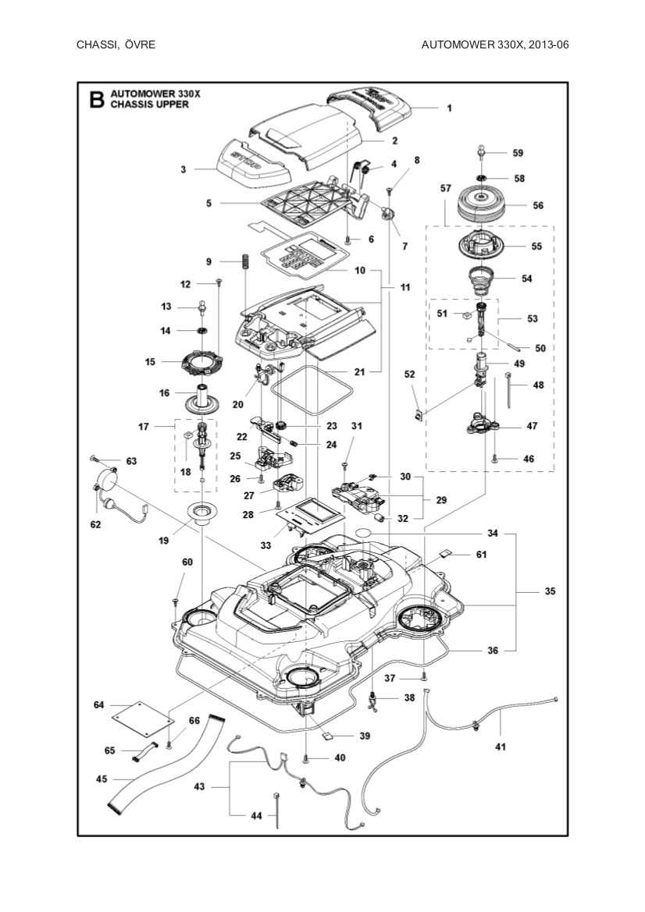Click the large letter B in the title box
pyautogui.click(x=96, y=99)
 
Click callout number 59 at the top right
pyautogui.click(x=518, y=153)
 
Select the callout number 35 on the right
pyautogui.click(x=550, y=592)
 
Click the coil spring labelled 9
pyautogui.click(x=244, y=261)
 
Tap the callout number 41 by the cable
pyautogui.click(x=501, y=747)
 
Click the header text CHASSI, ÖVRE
pyautogui.click(x=116, y=44)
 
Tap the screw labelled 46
pyautogui.click(x=495, y=460)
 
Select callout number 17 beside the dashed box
pyautogui.click(x=144, y=427)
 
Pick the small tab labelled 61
pyautogui.click(x=444, y=555)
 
